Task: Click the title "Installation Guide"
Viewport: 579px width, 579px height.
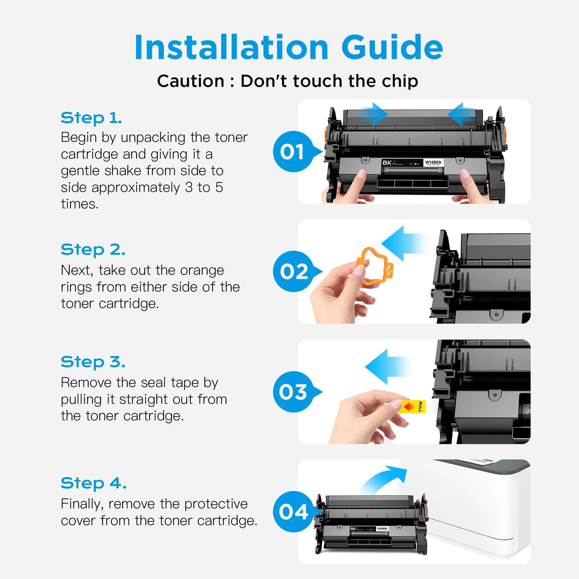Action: (x=288, y=48)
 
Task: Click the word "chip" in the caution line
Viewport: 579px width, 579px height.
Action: (x=399, y=81)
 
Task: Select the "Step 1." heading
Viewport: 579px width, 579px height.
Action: (x=91, y=118)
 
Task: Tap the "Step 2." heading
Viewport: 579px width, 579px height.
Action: (x=93, y=250)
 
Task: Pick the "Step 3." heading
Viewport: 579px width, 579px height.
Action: (x=93, y=362)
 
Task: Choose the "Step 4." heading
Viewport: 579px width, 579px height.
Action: (x=93, y=483)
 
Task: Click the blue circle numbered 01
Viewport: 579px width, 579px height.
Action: (x=293, y=152)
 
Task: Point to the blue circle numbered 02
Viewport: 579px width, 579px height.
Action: (x=294, y=272)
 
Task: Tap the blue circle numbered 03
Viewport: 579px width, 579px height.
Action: (x=293, y=392)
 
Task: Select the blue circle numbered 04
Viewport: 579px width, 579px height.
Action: (x=293, y=512)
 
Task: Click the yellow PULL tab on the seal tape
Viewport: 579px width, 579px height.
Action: (x=413, y=407)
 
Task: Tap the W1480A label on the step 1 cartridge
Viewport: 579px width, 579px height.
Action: (x=433, y=163)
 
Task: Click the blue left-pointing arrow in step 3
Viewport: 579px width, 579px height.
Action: (x=387, y=366)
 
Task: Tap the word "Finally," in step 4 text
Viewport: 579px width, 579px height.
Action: (x=82, y=504)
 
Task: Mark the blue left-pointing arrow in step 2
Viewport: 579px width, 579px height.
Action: (x=403, y=243)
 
